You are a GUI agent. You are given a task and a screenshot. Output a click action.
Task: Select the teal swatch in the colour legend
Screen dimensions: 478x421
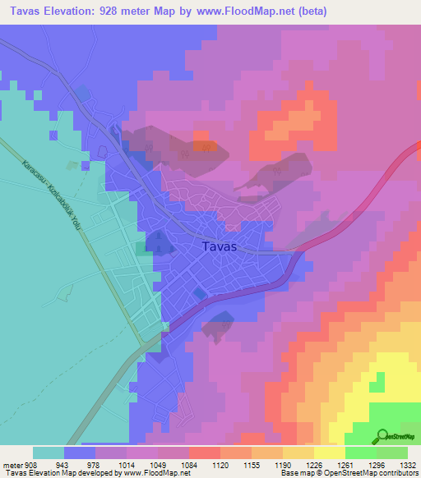pyautogui.click(x=49, y=453)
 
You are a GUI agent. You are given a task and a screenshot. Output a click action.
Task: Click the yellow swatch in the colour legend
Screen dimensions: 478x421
pyautogui.click(x=329, y=453)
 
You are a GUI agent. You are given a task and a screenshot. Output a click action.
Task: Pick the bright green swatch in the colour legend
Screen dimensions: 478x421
pyautogui.click(x=360, y=453)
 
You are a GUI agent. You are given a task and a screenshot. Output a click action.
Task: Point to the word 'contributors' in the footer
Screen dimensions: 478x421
pyautogui.click(x=396, y=473)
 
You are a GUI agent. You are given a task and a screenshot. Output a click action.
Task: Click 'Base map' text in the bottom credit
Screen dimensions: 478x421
pyautogui.click(x=293, y=473)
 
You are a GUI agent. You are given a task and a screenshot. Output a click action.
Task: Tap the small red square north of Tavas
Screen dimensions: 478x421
pyautogui.click(x=199, y=136)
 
